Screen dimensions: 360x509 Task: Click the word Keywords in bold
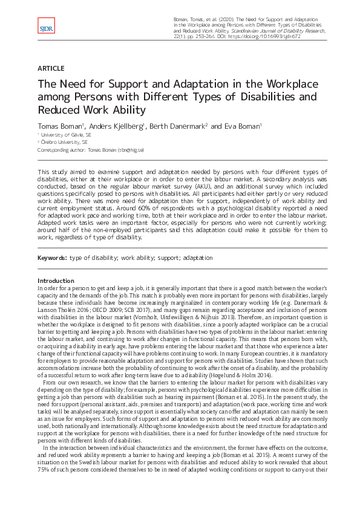(x=51, y=258)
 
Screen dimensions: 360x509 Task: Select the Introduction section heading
(x=56, y=281)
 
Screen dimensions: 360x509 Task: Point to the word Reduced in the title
(x=59, y=109)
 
